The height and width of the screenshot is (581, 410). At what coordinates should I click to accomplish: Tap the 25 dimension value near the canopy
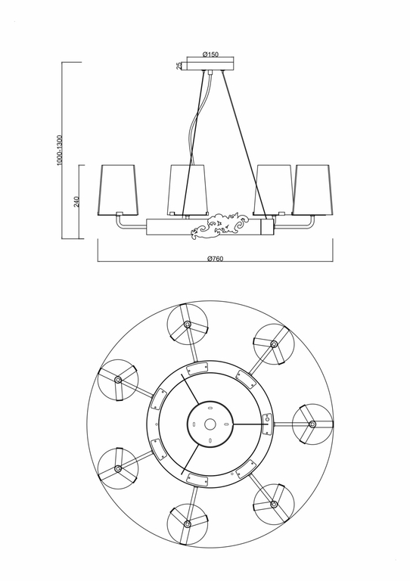[179, 66]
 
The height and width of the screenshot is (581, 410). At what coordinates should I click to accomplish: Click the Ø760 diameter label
[216, 258]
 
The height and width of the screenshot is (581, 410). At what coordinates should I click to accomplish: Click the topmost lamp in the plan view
[186, 324]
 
